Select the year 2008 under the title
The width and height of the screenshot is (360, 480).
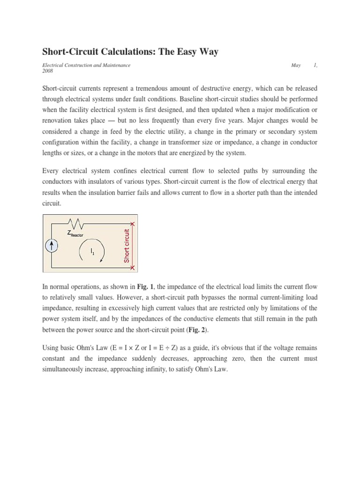coord(48,72)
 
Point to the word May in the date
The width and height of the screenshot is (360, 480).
coord(296,65)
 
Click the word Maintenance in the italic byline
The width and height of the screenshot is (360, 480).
coord(114,65)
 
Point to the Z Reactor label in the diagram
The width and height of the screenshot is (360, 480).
coord(75,233)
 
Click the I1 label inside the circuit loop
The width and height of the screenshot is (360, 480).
coord(93,252)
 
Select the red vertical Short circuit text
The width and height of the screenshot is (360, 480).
coord(126,246)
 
